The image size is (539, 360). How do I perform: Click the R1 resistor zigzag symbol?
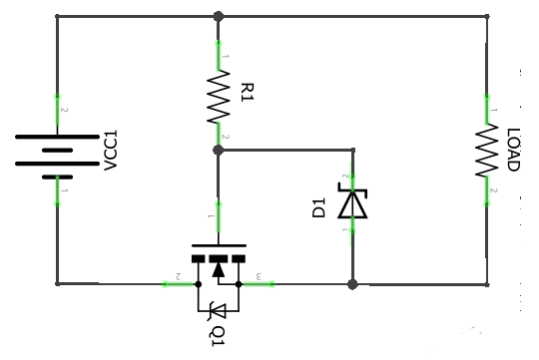pos(218,96)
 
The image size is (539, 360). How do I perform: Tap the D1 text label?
pos(319,207)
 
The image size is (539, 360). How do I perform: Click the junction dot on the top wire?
pos(218,16)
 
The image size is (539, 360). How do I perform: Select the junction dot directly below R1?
pos(218,150)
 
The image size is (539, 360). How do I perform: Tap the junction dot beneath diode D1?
pos(351,284)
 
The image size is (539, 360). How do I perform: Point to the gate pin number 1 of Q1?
pos(211,214)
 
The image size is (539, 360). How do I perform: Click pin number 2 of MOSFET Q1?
pos(178,275)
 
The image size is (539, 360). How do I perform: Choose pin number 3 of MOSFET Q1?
pos(259,275)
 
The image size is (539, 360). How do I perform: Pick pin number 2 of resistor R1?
pos(227,137)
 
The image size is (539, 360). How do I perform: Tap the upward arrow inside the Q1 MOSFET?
pos(219,264)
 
